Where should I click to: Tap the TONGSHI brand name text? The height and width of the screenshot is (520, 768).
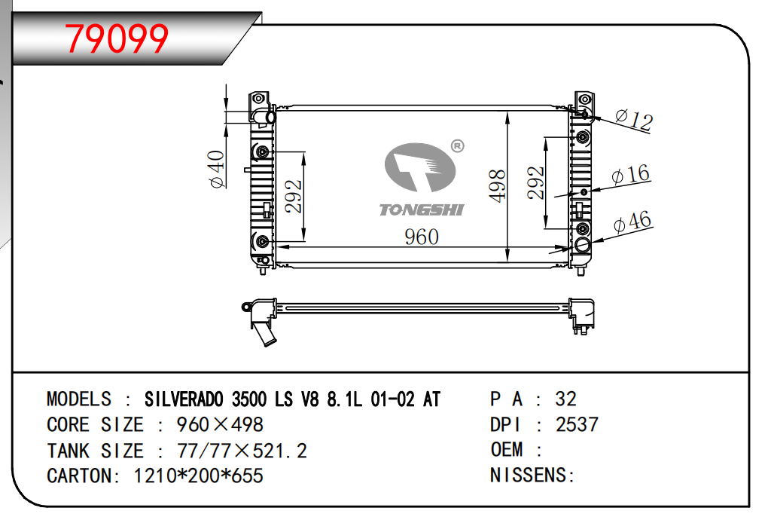coord(421,210)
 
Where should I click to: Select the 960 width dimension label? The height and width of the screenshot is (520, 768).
coord(421,237)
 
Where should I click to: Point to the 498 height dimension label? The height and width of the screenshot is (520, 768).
coord(496,185)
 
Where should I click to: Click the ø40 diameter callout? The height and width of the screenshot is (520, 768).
coord(216,170)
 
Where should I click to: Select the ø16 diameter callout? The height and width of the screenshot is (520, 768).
coord(631,175)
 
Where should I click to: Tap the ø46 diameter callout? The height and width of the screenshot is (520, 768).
coord(632,222)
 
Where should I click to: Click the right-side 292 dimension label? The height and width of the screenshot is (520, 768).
coord(535,183)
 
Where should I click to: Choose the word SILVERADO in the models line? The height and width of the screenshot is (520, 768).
coord(184,399)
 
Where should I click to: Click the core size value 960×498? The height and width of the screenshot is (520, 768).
coord(220,425)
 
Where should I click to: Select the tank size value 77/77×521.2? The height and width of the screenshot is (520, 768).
coord(242,451)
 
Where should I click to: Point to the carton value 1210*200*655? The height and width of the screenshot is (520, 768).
coord(198,476)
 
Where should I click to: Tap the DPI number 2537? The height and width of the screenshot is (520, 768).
coord(577,425)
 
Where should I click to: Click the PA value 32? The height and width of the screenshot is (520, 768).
coord(565,399)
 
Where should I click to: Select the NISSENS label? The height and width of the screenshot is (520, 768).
coord(532,476)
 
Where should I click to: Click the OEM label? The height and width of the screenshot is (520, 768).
coord(507,451)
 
